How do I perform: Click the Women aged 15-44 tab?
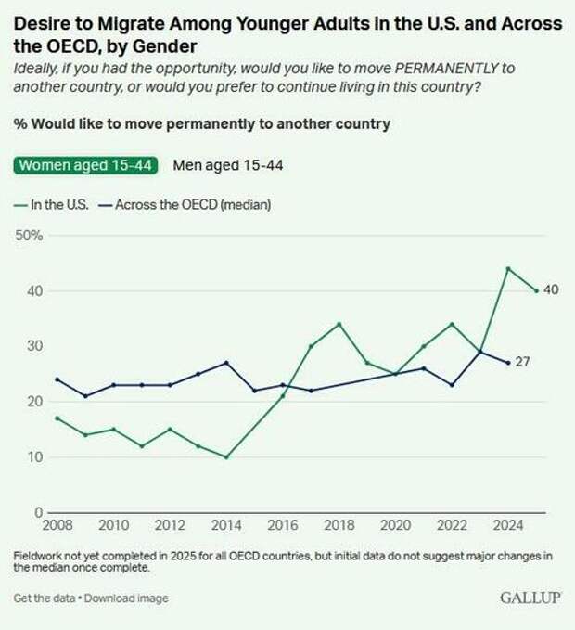point(86,165)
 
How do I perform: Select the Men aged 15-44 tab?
point(228,165)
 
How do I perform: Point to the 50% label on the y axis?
point(29,235)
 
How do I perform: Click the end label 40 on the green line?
point(551,290)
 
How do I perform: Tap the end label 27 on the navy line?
point(523,363)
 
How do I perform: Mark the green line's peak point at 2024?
point(508,268)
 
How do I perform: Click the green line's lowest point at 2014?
point(226,456)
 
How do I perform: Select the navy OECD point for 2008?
point(57,379)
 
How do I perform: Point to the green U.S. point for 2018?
point(339,324)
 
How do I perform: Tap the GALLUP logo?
point(530,598)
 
